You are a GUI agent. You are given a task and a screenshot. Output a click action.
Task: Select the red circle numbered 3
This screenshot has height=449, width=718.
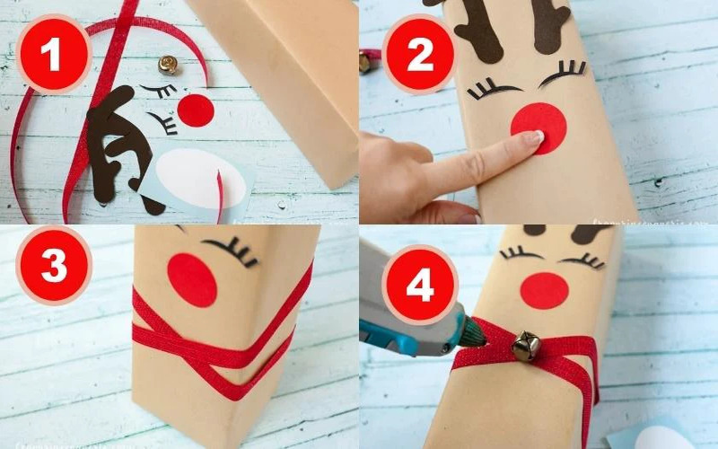point(53,265)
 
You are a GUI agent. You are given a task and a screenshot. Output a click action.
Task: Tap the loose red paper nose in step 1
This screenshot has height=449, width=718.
point(196,110)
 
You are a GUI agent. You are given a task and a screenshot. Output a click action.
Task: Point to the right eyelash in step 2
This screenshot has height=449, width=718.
point(563,71)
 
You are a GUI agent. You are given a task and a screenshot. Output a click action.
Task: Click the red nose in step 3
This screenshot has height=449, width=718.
point(192,278)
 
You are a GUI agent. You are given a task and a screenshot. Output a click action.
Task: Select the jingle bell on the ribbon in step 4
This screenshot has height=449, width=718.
point(525,346)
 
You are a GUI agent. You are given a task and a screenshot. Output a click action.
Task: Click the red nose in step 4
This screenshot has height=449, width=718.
point(544,290)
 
